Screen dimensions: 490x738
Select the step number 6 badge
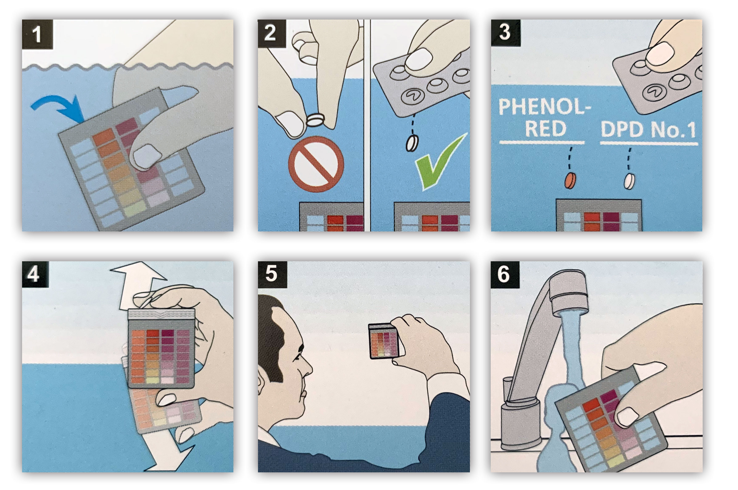click(504, 274)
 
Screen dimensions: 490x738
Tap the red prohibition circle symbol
click(316, 164)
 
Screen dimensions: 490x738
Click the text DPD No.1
click(649, 130)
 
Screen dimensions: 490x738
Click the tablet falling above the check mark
click(412, 143)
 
